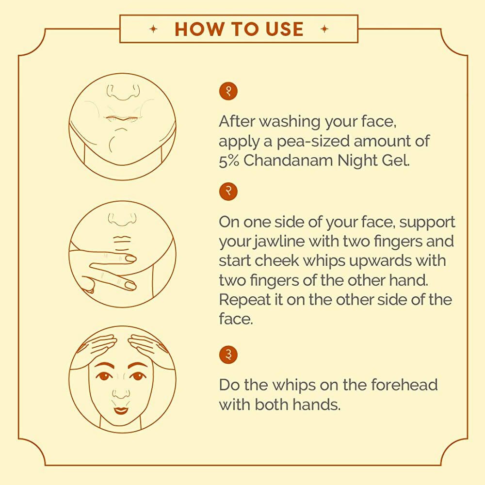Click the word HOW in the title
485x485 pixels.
[194, 29]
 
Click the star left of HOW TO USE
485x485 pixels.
[154, 29]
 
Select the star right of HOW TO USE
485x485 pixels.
[324, 29]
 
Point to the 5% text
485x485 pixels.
[229, 161]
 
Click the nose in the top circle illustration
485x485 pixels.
[123, 91]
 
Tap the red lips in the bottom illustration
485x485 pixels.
[121, 410]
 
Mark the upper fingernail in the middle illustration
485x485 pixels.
[130, 259]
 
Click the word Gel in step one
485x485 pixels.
[397, 161]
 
